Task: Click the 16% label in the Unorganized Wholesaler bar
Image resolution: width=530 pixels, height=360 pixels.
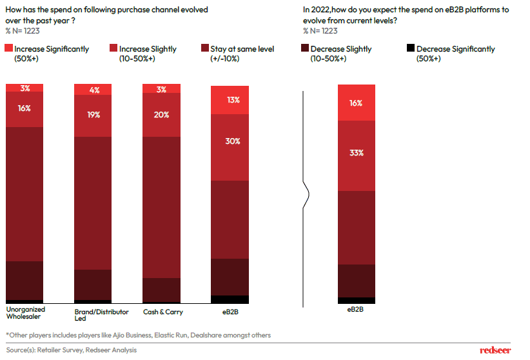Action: coord(25,108)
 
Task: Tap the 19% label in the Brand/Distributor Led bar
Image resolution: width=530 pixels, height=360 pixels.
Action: coord(94,115)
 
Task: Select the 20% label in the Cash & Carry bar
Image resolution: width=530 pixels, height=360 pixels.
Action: coord(162,115)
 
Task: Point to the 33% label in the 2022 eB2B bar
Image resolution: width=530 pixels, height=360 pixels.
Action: coord(357,153)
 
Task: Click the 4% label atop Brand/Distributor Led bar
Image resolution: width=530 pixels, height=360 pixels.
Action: coord(94,90)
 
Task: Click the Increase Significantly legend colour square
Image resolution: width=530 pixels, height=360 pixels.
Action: coord(8,49)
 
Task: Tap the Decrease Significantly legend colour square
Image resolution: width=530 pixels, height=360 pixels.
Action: coord(411,49)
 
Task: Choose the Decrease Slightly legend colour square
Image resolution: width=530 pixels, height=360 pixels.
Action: coord(305,49)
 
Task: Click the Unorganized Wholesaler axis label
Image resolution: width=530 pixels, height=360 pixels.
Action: coord(26,313)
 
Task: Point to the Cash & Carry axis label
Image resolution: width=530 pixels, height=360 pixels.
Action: coord(163,312)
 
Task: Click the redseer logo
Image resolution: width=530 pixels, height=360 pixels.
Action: coord(495,350)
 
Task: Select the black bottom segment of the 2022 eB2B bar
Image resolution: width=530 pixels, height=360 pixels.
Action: coord(357,301)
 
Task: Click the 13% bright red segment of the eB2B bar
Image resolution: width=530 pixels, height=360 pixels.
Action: coord(230,99)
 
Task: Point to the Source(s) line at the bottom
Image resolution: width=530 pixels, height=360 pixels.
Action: coord(72,350)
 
